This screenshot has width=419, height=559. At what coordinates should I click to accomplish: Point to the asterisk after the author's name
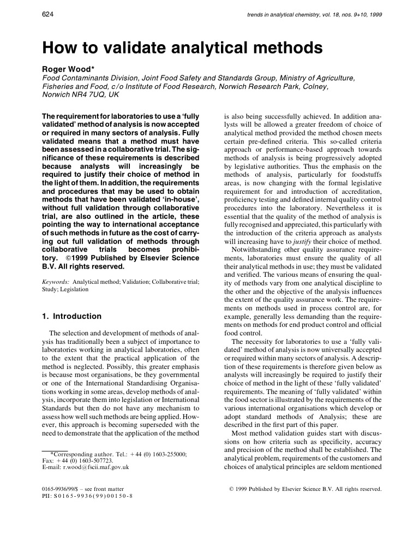(95, 69)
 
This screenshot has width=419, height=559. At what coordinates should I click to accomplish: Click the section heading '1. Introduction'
(71, 316)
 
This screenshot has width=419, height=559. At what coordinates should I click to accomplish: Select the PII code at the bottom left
(87, 496)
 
